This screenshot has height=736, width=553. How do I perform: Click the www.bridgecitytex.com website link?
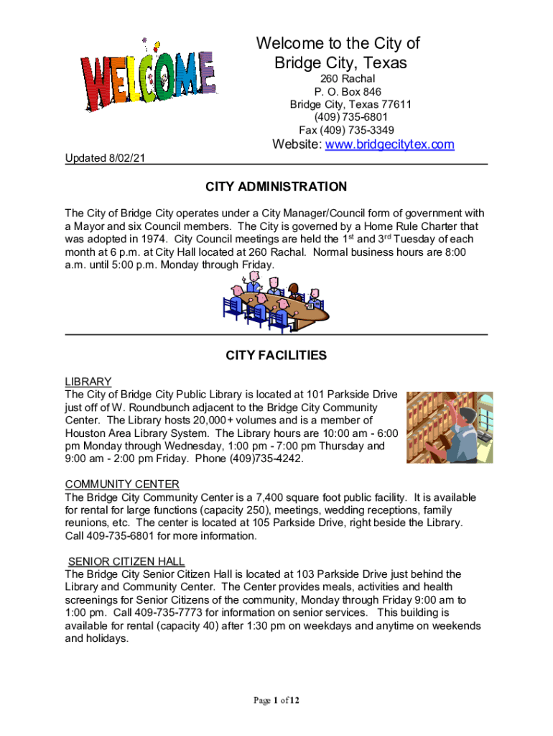pos(390,144)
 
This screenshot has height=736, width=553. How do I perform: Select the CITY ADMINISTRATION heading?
pos(276,187)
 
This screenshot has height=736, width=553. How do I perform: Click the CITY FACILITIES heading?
pos(276,355)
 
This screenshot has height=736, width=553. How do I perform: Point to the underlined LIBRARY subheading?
pos(88,381)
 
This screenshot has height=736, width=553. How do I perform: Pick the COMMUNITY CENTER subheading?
pos(122,484)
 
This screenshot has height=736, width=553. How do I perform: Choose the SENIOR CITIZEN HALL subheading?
pos(126,561)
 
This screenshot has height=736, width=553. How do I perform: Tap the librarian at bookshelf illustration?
pos(450,428)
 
